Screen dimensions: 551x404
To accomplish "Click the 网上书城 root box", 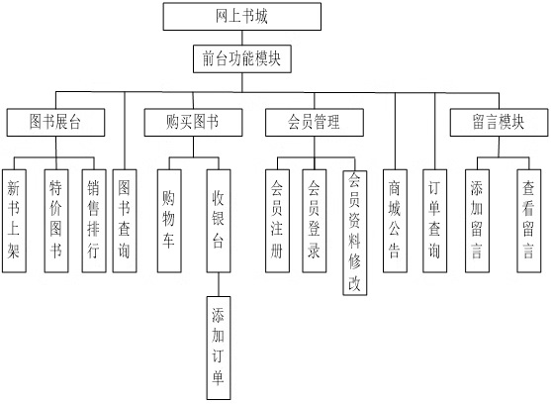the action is pos(241,17).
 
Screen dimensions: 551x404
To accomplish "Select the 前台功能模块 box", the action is pos(242,58).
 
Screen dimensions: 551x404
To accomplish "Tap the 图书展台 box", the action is pos(55,123).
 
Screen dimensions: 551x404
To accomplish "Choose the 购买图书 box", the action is pos(193,123).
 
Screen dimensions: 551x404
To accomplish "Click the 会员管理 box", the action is pos(315,123).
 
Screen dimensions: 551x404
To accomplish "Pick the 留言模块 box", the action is pos(499,123).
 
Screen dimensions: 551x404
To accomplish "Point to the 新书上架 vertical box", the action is pos(14,221).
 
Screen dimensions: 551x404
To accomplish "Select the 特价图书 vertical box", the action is pos(56,221).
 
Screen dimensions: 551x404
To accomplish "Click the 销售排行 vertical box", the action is pos(94,221).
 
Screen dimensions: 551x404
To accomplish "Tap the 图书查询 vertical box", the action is pos(125,221).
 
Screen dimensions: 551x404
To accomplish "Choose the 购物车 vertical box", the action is pos(169,221).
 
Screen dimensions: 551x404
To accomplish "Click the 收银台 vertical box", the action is pos(219,221).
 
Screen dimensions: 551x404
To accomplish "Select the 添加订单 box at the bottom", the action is pos(219,349).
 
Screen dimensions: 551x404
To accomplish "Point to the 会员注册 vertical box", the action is pos(277,221).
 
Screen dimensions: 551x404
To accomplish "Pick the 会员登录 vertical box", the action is pos(315,221).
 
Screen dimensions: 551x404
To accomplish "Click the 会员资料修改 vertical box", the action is pos(355,233).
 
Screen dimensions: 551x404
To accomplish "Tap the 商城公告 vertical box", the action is pos(395,221).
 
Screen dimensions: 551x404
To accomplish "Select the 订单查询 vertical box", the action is pos(434,221).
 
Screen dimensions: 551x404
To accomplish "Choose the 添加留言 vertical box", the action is pos(477,221).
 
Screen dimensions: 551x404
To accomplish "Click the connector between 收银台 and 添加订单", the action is pos(219,284).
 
